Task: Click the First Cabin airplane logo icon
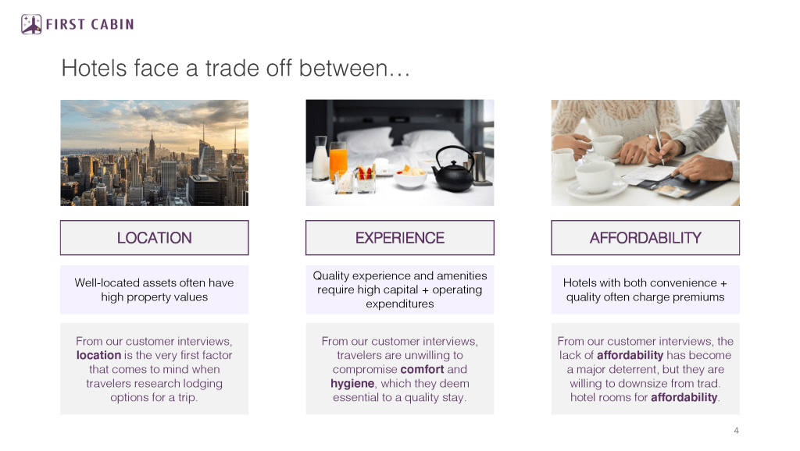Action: (31, 24)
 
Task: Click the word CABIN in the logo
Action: (112, 24)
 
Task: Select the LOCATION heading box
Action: (154, 237)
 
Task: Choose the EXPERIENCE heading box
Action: (400, 237)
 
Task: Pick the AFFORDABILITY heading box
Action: (645, 237)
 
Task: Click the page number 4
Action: (736, 431)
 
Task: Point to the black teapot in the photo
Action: (454, 169)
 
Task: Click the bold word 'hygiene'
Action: (352, 383)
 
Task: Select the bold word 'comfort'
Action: (423, 369)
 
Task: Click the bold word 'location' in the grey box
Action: (99, 355)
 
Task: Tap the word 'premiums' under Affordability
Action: (698, 297)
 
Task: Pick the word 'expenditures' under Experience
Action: (400, 304)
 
